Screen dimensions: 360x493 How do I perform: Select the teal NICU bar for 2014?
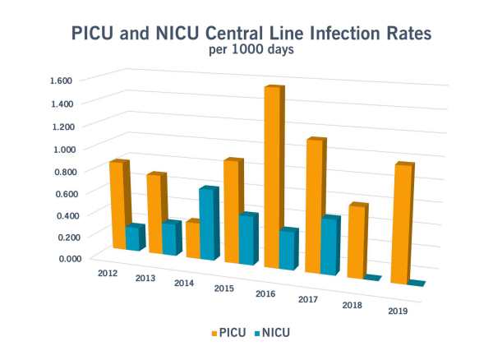209,224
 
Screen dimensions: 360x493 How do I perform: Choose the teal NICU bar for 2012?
134,238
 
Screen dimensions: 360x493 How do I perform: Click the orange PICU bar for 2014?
192,239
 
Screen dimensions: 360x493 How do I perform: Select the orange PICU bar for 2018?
357,242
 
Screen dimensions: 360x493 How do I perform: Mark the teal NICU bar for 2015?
248,240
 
